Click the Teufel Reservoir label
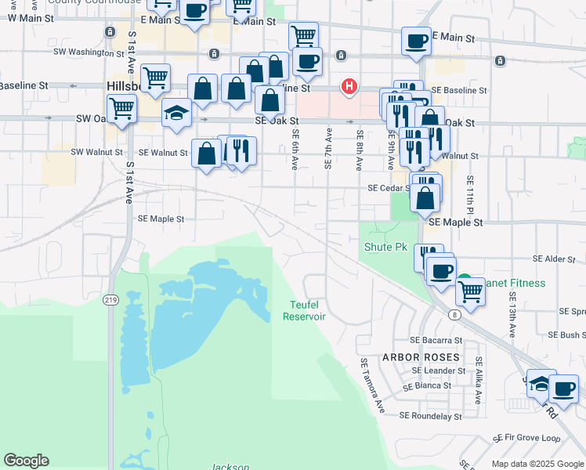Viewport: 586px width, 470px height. pyautogui.click(x=304, y=310)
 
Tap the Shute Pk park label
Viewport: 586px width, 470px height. pyautogui.click(x=386, y=247)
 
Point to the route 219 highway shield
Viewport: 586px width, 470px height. pyautogui.click(x=110, y=300)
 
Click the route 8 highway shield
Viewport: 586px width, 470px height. pyautogui.click(x=454, y=314)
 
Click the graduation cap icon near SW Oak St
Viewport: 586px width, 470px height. pyautogui.click(x=177, y=113)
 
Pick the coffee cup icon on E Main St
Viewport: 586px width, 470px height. pyautogui.click(x=416, y=40)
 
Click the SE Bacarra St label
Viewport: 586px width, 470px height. pyautogui.click(x=436, y=341)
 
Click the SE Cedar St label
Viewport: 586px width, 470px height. pyautogui.click(x=389, y=188)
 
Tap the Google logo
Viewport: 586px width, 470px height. pyautogui.click(x=26, y=461)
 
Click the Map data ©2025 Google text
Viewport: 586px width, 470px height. pyautogui.click(x=537, y=464)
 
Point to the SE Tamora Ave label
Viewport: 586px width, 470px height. pyautogui.click(x=372, y=385)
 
